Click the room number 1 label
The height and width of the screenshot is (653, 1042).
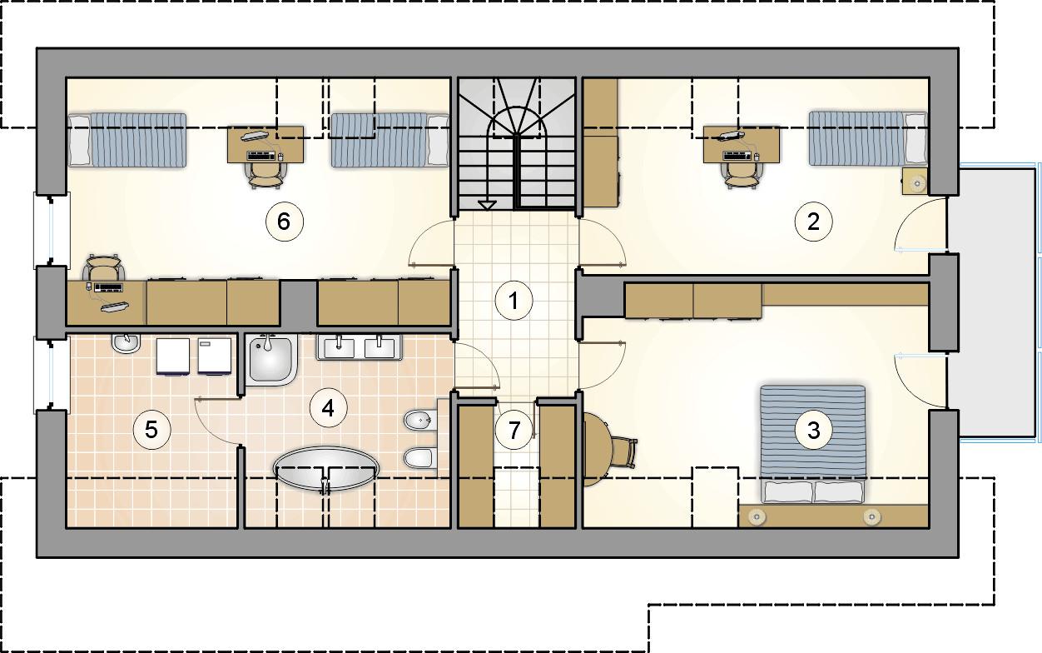click(x=514, y=301)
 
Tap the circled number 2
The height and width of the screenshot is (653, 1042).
click(x=813, y=222)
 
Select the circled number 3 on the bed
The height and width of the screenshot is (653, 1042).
click(x=814, y=430)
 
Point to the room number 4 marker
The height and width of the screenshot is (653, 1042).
click(x=329, y=408)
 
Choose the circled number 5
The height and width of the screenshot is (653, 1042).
click(x=151, y=429)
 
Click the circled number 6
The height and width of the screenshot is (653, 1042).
click(x=285, y=222)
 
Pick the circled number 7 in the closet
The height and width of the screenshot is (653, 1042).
click(x=514, y=430)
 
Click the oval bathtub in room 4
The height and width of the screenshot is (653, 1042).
click(x=326, y=469)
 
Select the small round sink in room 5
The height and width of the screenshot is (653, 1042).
click(x=126, y=344)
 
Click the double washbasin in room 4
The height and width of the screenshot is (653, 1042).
click(x=360, y=347)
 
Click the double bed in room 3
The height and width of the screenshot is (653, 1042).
click(x=813, y=444)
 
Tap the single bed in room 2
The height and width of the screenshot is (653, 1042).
click(x=867, y=138)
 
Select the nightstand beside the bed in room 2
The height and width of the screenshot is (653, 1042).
click(x=915, y=182)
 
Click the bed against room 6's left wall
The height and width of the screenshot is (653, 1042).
click(x=127, y=140)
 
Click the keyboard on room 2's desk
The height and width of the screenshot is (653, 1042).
click(x=737, y=156)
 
